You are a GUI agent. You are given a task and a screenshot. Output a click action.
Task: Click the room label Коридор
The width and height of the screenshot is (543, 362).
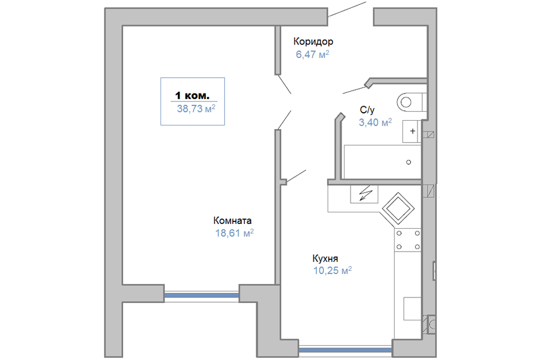click(313, 42)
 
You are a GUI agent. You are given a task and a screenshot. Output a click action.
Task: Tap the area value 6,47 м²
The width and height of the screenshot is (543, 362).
click(312, 54)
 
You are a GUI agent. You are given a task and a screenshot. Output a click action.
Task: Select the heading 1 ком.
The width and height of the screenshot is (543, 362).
click(192, 95)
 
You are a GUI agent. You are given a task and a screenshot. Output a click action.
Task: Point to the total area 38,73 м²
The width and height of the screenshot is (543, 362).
click(196, 109)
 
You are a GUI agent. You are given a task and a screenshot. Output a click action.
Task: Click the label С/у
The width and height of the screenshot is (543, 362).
click(367, 110)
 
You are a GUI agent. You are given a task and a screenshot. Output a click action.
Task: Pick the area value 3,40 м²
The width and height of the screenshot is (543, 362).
click(375, 122)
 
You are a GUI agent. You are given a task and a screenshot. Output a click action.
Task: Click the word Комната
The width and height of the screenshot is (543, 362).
click(232, 220)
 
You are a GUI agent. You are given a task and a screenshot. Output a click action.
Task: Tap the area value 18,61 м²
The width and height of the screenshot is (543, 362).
click(235, 233)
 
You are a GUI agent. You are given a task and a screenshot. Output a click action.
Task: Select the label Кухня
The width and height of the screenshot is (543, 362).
click(325, 258)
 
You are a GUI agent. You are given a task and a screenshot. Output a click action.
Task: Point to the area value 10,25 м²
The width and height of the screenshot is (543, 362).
click(332, 270)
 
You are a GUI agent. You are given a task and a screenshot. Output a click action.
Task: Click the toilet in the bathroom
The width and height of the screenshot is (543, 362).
click(411, 102)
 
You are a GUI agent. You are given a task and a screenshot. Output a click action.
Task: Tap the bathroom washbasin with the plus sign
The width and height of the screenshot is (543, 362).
click(411, 132)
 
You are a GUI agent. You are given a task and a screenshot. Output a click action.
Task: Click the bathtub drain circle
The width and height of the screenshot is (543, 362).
click(408, 162)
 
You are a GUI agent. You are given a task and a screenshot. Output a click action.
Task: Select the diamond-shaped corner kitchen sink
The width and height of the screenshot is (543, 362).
click(398, 209)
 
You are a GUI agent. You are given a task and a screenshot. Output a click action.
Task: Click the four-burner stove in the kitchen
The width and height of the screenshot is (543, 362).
click(408, 240)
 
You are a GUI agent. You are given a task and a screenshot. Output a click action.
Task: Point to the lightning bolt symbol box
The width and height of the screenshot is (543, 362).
click(364, 194)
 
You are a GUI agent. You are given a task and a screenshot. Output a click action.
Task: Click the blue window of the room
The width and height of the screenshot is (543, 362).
click(202, 296)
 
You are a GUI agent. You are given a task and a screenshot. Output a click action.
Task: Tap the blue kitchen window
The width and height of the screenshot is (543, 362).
click(345, 350)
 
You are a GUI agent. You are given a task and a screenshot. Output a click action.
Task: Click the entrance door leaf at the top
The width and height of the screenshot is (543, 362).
click(347, 9)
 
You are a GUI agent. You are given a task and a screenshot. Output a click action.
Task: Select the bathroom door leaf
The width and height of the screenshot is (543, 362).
click(354, 90)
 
